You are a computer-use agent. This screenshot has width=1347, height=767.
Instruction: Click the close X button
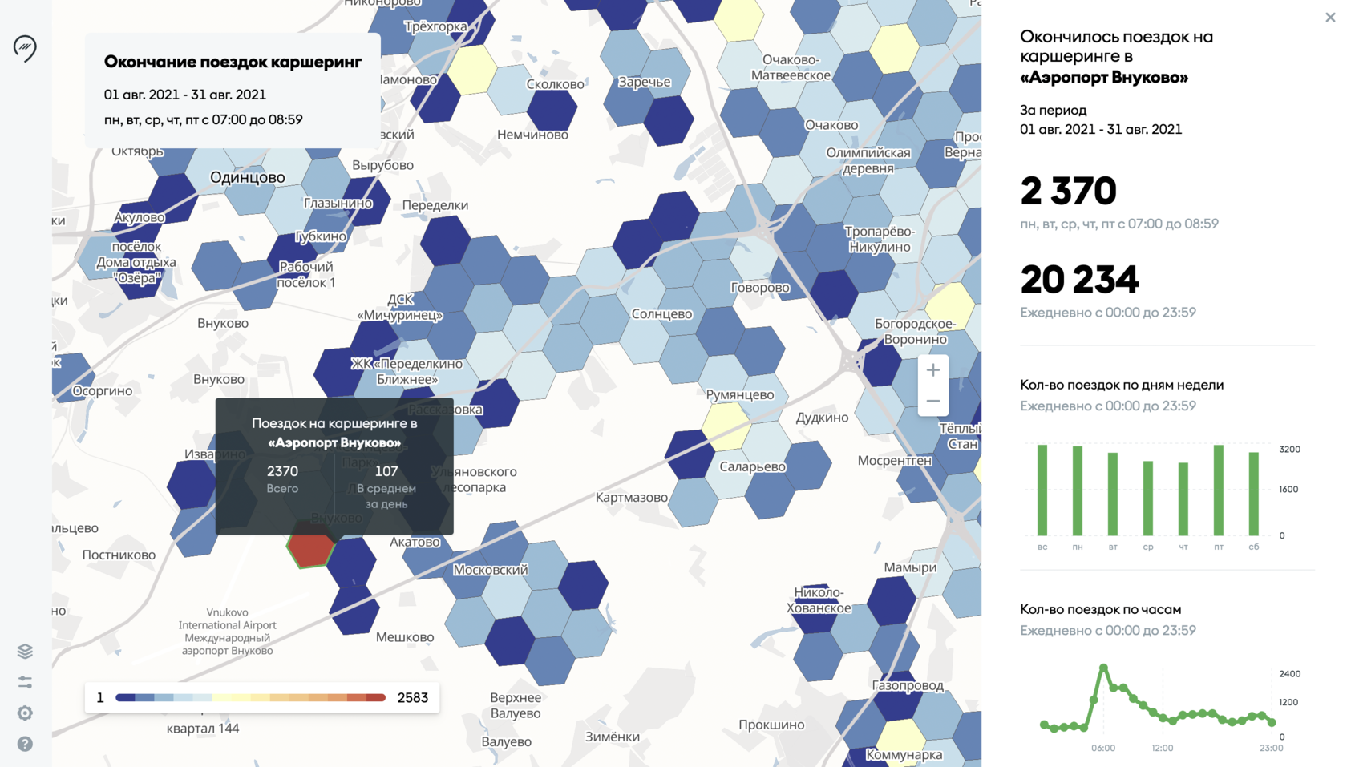(x=1330, y=17)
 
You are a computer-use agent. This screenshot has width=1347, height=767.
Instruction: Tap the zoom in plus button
(x=932, y=370)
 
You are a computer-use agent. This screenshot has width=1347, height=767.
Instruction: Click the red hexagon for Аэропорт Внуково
(x=310, y=548)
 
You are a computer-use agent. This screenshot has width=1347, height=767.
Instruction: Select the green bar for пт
(x=1219, y=490)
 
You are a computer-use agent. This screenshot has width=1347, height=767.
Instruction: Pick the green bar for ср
(x=1148, y=498)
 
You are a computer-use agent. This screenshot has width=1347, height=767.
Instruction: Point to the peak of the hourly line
(x=1104, y=667)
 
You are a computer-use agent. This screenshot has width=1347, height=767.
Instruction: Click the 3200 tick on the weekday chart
(x=1289, y=450)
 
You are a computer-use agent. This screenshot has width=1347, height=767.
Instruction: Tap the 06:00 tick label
(x=1103, y=748)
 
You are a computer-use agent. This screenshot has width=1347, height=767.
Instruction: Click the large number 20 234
(x=1079, y=280)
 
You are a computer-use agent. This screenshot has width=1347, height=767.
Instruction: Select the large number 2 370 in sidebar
(x=1068, y=191)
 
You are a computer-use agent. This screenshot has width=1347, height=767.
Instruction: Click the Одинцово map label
(x=247, y=177)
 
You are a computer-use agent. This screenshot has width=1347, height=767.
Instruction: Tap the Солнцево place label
(x=661, y=313)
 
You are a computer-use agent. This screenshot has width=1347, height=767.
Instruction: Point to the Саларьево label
(x=752, y=466)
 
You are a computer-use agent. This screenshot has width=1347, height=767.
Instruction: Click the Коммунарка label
(x=904, y=754)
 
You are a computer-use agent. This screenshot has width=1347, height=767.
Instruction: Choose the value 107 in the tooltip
(x=386, y=471)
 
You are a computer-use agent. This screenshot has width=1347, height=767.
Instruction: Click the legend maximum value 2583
(x=412, y=697)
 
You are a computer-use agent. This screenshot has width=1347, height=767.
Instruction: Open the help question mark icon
(x=25, y=744)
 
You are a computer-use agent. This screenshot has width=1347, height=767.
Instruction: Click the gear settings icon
(x=25, y=713)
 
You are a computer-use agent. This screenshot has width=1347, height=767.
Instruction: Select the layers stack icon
(x=25, y=651)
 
